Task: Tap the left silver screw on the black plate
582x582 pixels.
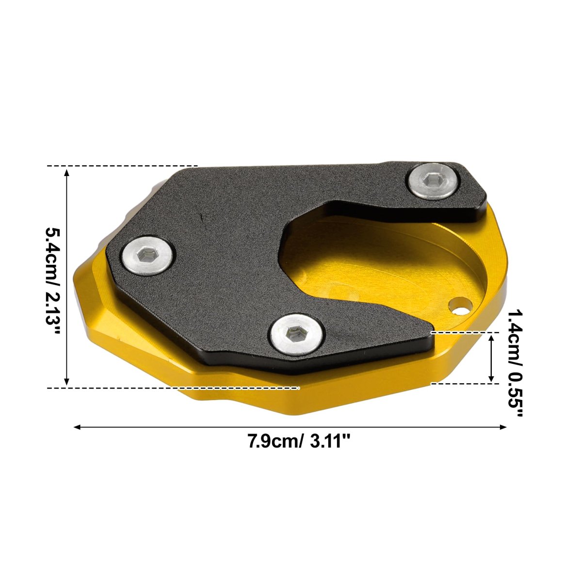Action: [148, 256]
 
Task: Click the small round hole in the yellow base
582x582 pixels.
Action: [461, 306]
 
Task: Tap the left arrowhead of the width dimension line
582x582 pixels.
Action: [78, 427]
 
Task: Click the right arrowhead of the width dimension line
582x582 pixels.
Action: [502, 427]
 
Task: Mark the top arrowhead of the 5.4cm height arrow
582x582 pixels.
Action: [67, 173]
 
